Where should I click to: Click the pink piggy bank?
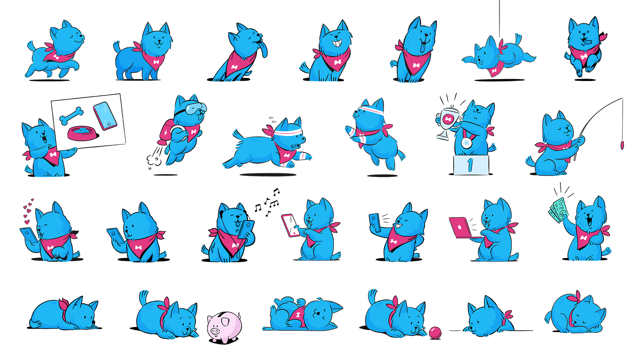coord(224,327)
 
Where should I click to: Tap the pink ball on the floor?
coord(435,333)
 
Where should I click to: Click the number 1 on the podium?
coord(470,165)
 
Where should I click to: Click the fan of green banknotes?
coord(559,210)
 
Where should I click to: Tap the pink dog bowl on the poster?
coord(82,133)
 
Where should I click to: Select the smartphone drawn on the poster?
coord(105,116)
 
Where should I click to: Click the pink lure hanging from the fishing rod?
coord(622,145)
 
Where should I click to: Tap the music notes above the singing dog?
coord(268,203)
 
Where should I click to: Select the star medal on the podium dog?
coord(467,142)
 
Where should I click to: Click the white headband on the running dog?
coord(288,132)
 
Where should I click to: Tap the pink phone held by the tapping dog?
coord(290,225)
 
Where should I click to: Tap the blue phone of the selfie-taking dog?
coord(375,222)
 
